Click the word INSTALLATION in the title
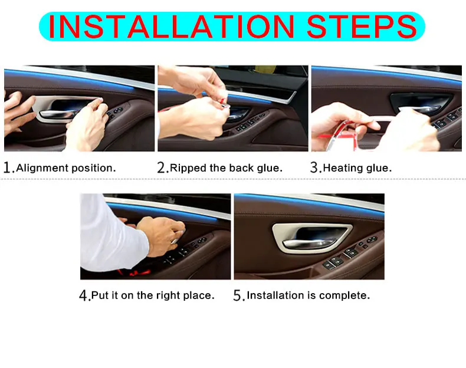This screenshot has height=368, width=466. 171,27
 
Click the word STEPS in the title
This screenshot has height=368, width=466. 362,27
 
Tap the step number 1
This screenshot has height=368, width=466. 8,167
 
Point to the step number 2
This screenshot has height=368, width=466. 161,167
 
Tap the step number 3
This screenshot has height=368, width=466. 314,167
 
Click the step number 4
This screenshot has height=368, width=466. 83,295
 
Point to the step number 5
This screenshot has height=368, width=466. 238,295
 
